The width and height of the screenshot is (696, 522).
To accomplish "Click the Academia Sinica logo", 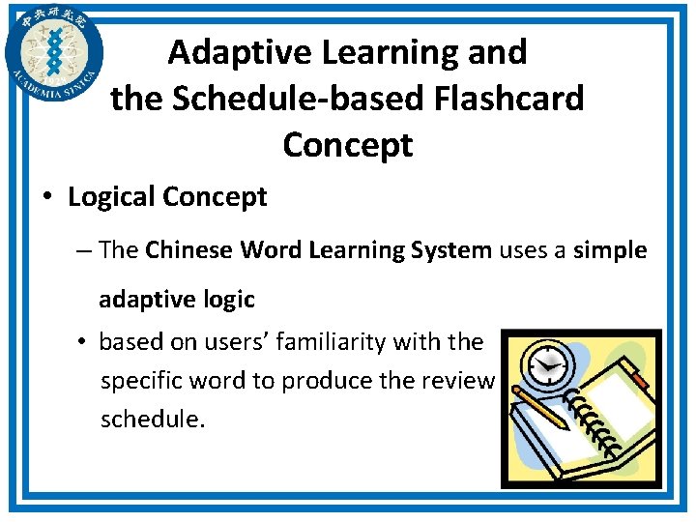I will [x=53, y=53].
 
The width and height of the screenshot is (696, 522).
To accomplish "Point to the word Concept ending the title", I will [x=347, y=145].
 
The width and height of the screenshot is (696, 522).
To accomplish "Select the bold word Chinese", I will [x=189, y=250].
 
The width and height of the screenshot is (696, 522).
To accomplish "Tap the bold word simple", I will [x=609, y=250].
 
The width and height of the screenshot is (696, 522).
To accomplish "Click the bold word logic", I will [x=230, y=300].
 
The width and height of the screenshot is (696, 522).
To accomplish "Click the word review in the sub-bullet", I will [x=460, y=381].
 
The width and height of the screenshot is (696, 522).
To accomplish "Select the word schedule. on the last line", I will [x=153, y=420].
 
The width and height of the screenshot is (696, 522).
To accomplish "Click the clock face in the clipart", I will [x=549, y=365].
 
